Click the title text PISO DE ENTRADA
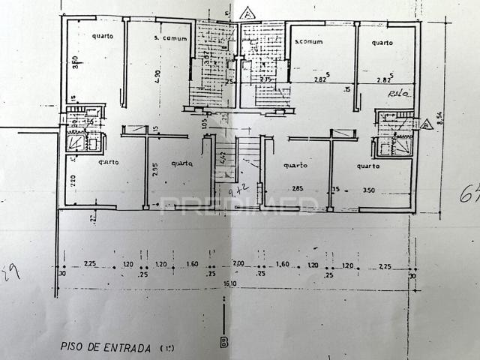pos(106,347)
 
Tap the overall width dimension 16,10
pos(226,284)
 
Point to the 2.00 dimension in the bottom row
pos(238,265)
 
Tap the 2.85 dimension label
pos(297,189)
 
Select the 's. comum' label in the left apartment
pos(169,37)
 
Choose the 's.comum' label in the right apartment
pos(309,42)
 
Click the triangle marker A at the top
pos(247,13)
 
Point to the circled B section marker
pos(224,343)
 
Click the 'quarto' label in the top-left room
pos(103,36)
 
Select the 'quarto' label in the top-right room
pos(382,43)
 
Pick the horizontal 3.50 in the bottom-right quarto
pos(368,190)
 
